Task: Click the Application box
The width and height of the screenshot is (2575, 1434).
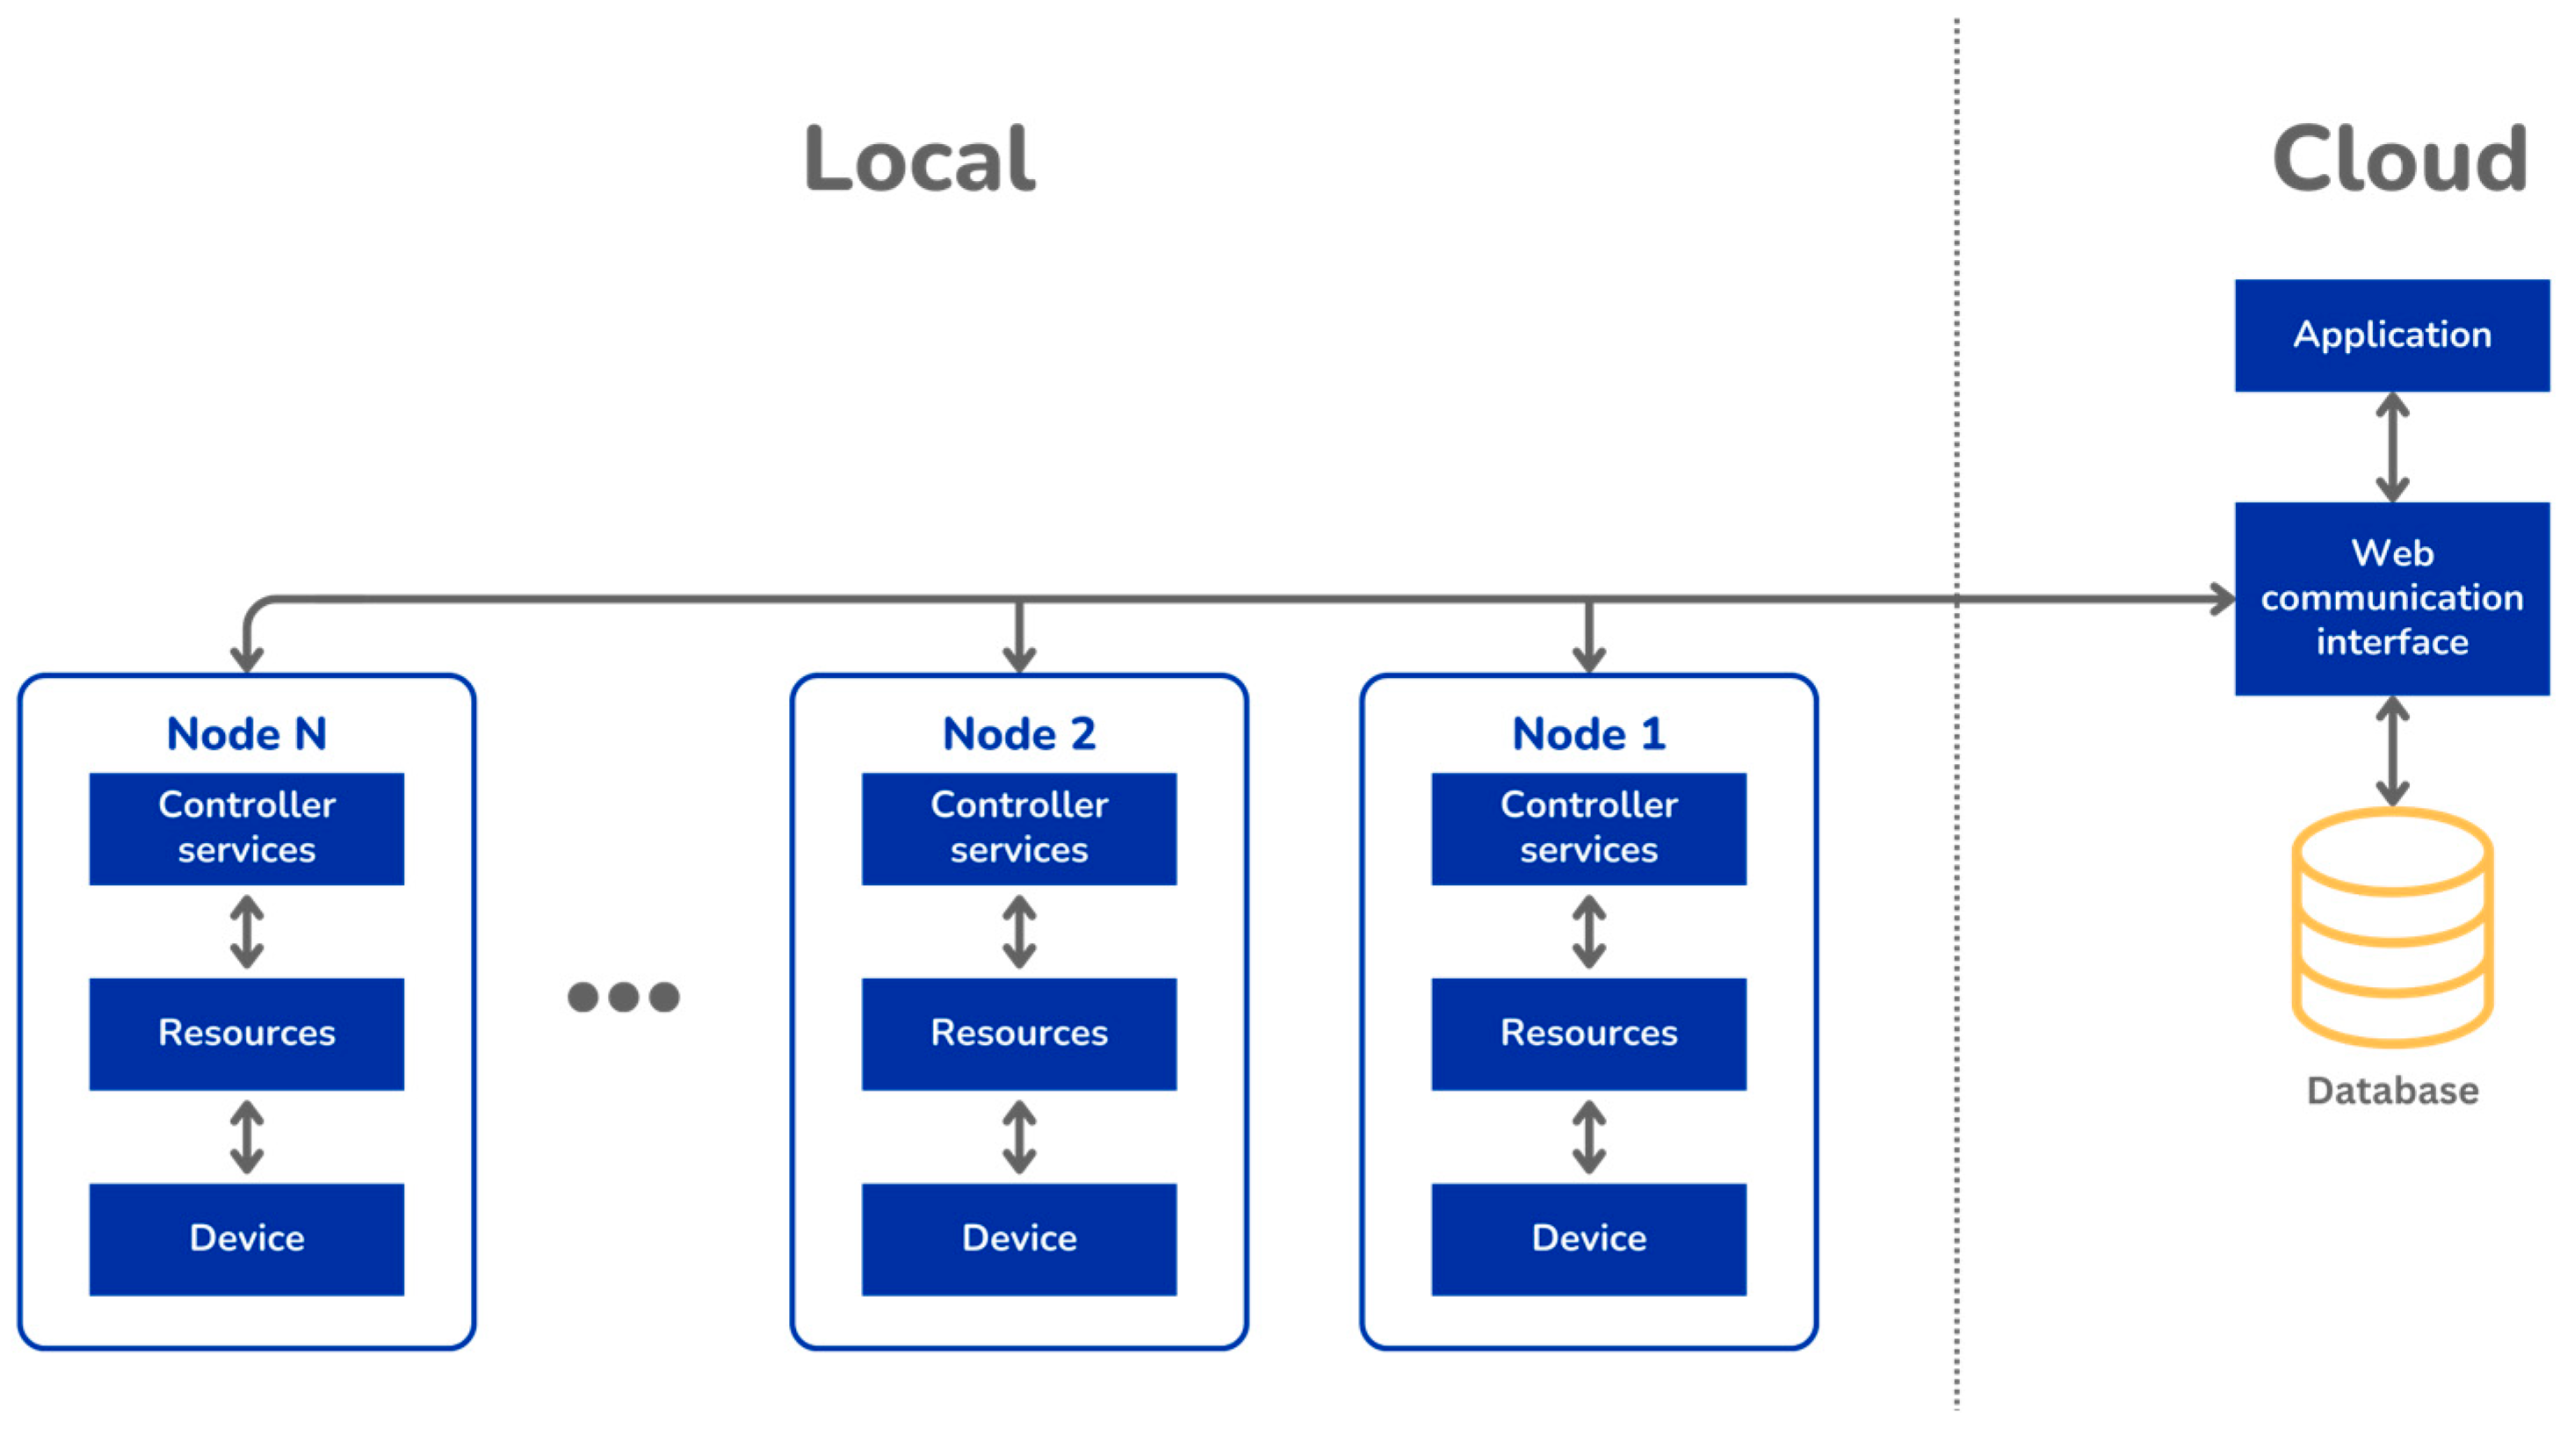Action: click(x=2391, y=335)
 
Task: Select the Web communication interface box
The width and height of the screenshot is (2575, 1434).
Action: click(x=2391, y=598)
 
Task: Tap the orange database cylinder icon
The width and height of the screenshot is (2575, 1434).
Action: click(x=2391, y=927)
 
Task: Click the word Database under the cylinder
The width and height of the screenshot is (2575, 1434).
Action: click(x=2391, y=1091)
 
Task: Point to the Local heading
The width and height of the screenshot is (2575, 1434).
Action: click(x=919, y=160)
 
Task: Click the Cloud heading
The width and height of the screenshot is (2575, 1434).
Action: click(x=2399, y=160)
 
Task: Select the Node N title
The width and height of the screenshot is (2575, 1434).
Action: click(x=246, y=733)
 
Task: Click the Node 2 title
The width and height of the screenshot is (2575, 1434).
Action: click(x=1018, y=733)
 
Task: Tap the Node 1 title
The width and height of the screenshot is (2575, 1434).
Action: click(x=1588, y=733)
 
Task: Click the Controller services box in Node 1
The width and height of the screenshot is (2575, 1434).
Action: click(x=1588, y=827)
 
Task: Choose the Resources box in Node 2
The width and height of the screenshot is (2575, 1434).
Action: click(x=1018, y=1034)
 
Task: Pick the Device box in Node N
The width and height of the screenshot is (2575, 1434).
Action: click(x=246, y=1239)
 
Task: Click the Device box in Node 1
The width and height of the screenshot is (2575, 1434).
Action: click(x=1588, y=1239)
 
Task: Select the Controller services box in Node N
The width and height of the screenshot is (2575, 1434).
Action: click(x=246, y=827)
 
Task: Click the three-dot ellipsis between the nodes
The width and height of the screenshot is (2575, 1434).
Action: click(x=623, y=997)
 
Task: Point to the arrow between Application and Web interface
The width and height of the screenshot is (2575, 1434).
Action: click(x=2391, y=447)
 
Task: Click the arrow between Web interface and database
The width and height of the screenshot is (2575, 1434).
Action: click(x=2391, y=752)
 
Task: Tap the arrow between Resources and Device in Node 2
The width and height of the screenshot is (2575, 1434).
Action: click(x=1018, y=1137)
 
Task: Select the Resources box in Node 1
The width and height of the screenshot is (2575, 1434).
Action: click(x=1588, y=1034)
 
